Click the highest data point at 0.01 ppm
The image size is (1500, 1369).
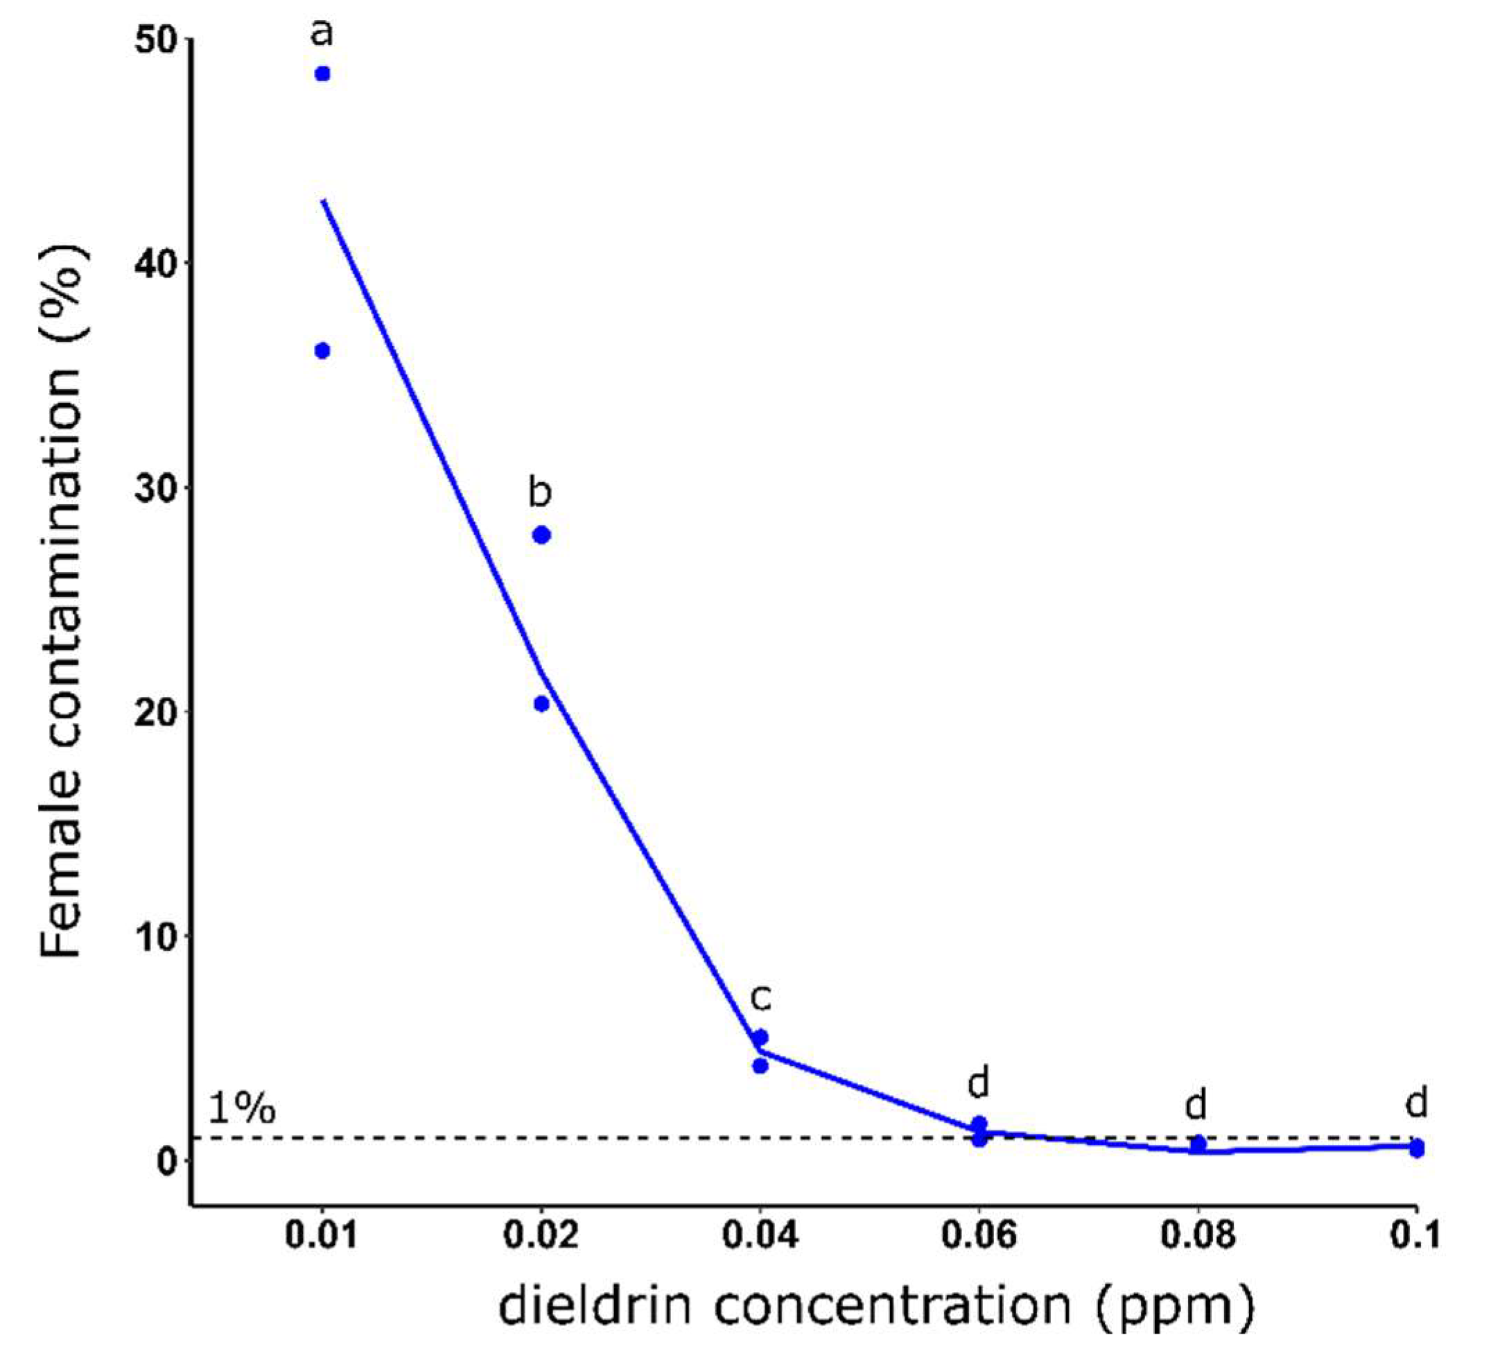[x=322, y=74]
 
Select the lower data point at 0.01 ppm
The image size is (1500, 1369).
[x=322, y=351]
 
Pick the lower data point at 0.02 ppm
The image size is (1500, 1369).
[x=541, y=703]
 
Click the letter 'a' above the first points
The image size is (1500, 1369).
[x=322, y=33]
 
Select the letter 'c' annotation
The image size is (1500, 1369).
[x=760, y=998]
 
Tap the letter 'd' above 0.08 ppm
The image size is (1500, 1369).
[x=1196, y=1105]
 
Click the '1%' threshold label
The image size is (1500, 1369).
[x=242, y=1108]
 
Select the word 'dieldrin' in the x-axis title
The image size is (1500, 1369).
[x=600, y=1308]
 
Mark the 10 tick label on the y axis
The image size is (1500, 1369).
[x=153, y=936]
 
